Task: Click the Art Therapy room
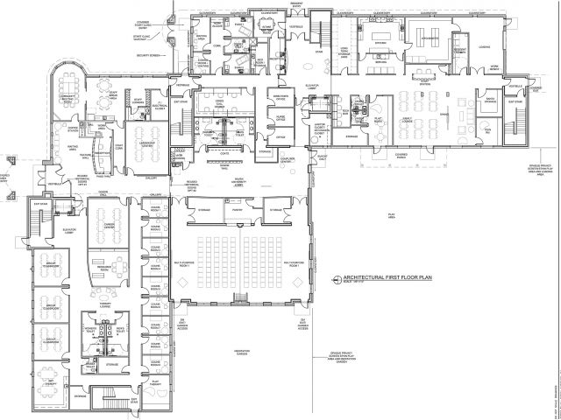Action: (x=50, y=382)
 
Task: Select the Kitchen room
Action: (x=380, y=43)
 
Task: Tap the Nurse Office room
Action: (x=282, y=116)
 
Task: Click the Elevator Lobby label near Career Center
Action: (x=71, y=231)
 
